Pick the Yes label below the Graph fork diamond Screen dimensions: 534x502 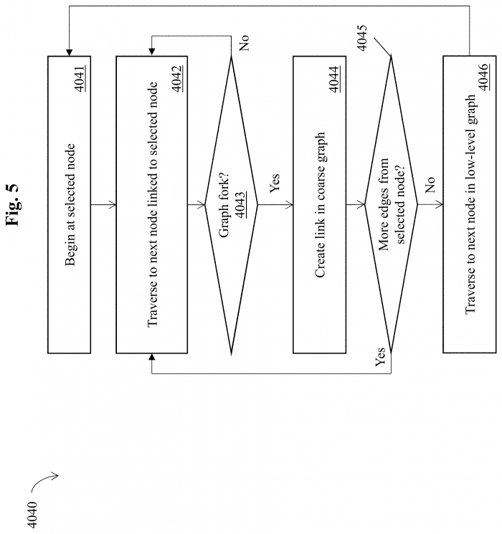(x=275, y=185)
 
